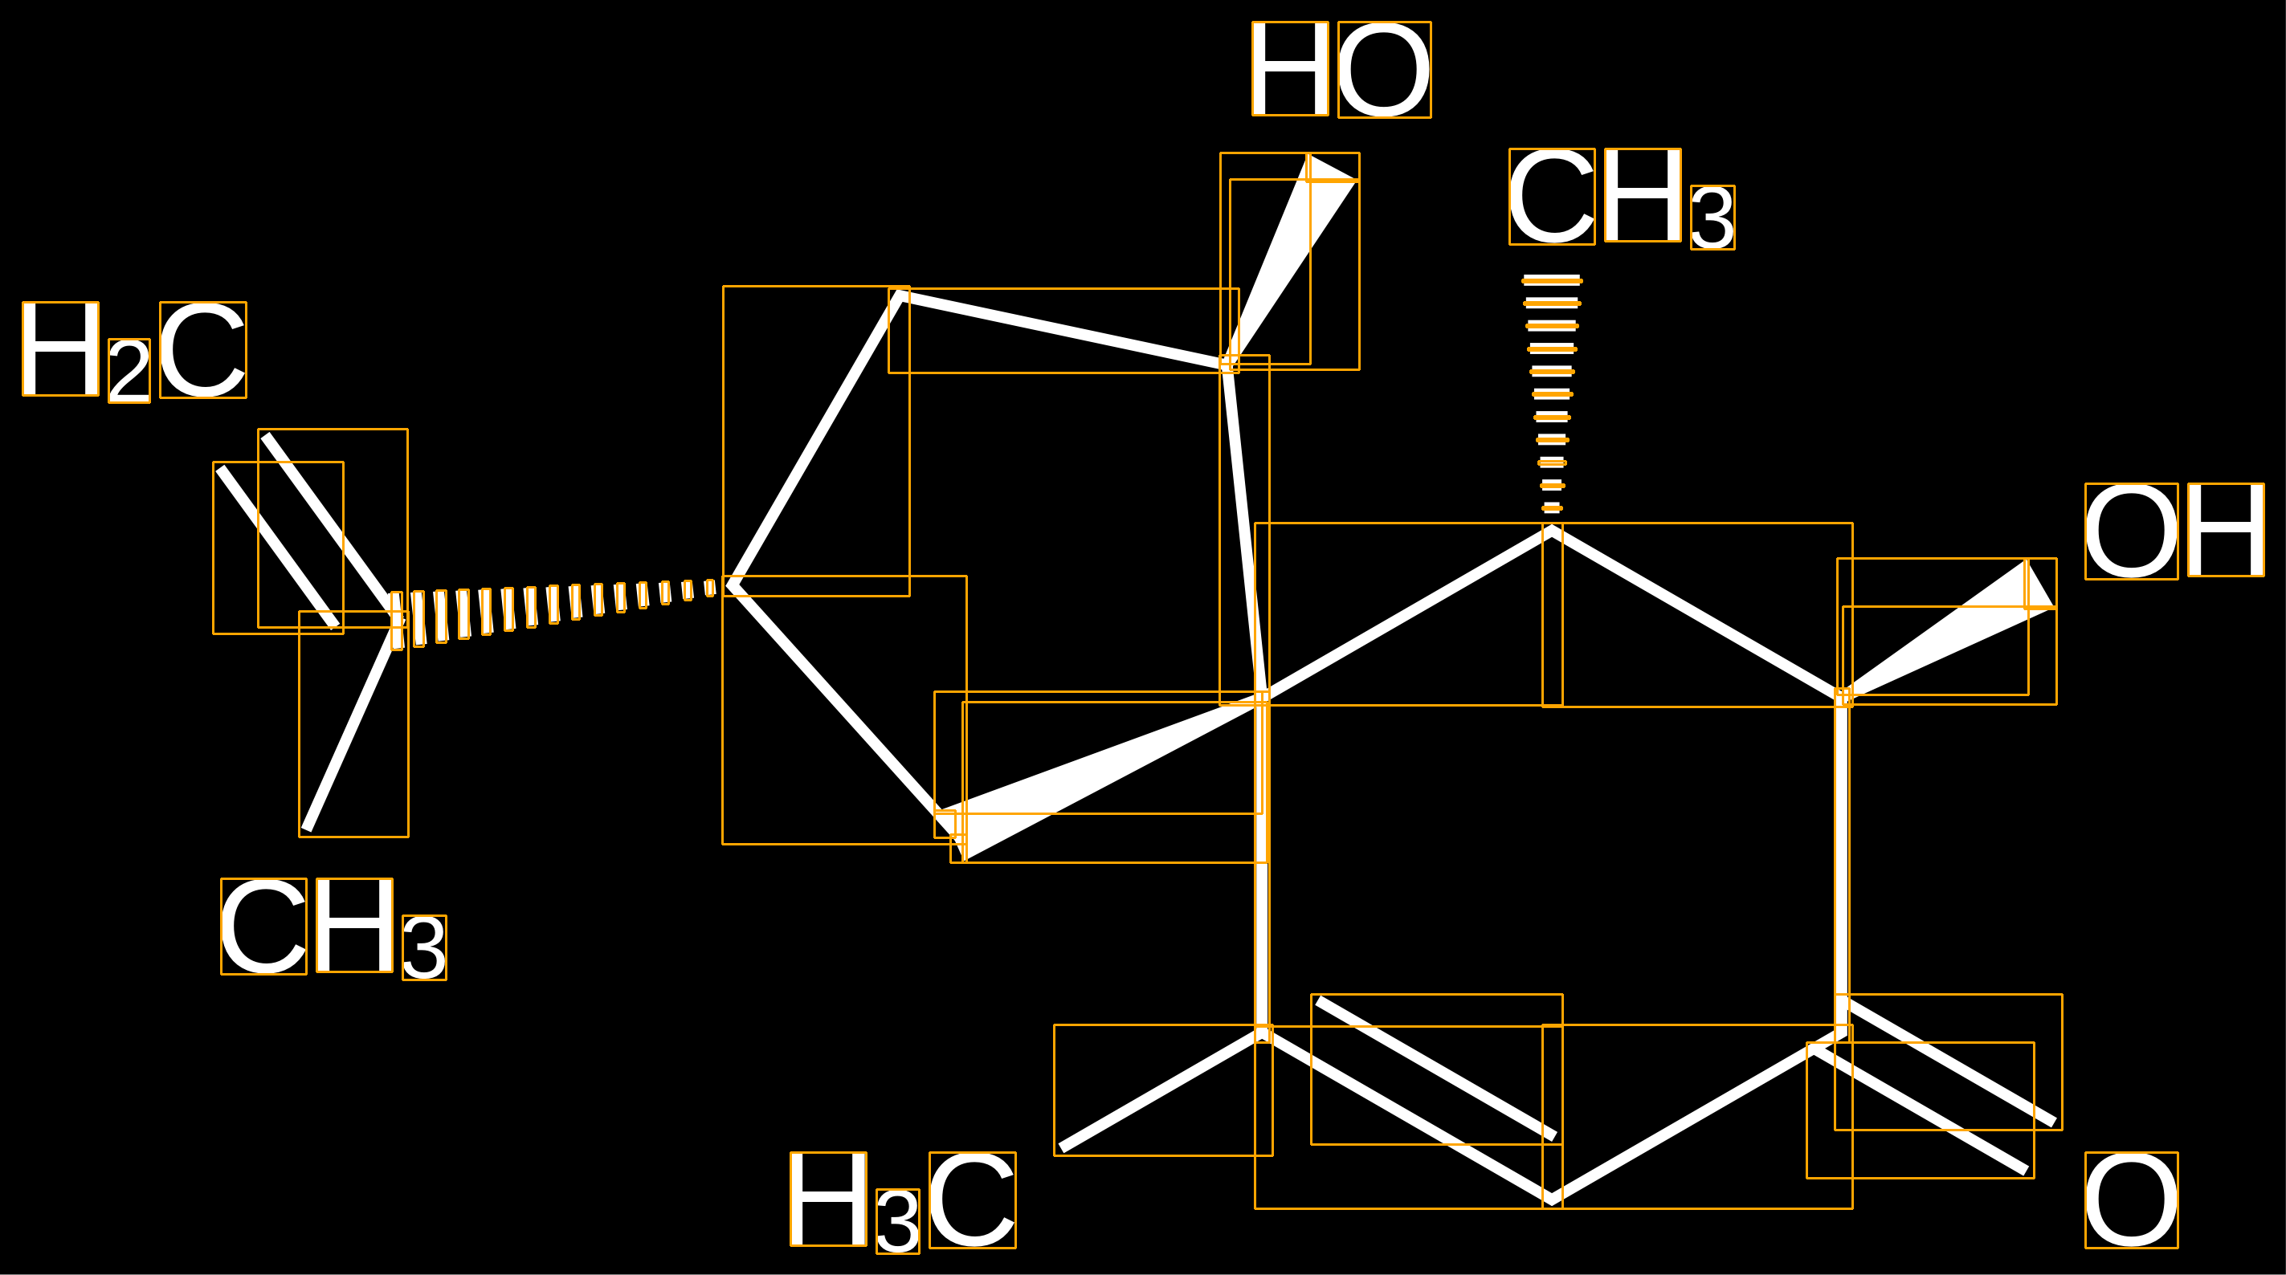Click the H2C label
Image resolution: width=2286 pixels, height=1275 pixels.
point(134,352)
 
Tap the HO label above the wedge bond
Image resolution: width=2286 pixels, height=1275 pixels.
point(1341,69)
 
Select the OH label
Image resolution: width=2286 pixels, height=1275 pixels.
point(2174,531)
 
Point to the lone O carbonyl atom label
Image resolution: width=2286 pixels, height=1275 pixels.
point(2132,1200)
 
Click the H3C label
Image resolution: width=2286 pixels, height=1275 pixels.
point(903,1202)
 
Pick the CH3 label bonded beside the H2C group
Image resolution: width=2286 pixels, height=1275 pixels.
point(333,929)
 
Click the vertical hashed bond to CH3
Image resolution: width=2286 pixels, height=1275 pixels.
point(1552,395)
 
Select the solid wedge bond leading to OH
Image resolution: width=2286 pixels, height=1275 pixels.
point(1946,631)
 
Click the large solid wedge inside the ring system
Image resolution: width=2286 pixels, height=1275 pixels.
point(1100,776)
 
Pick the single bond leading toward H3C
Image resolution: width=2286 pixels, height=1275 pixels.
point(1162,1090)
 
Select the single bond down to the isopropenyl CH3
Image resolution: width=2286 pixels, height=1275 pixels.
point(353,724)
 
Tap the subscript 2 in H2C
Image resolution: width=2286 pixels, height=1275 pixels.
point(129,371)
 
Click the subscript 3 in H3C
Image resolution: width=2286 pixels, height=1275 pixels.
point(897,1221)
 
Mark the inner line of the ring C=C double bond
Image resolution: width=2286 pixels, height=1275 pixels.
point(1437,1069)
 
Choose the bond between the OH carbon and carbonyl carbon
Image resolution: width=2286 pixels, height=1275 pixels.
point(1843,866)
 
